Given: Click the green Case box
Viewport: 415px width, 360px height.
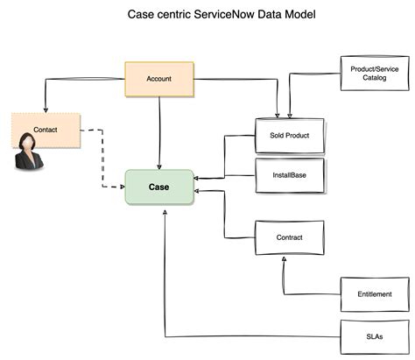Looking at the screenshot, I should point(158,187).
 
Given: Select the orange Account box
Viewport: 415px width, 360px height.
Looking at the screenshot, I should point(158,79).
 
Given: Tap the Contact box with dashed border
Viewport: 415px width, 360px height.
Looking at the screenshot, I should point(46,130).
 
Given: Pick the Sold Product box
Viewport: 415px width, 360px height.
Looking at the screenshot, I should point(290,136).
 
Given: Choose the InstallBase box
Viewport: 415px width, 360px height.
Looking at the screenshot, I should point(289,174).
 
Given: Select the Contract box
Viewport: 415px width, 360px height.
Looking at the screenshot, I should point(289,237).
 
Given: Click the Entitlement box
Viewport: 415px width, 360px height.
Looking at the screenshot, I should point(374,294).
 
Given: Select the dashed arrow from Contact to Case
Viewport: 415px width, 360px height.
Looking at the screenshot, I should point(104,158).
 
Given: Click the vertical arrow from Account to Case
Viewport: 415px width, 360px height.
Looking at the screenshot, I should point(158,131).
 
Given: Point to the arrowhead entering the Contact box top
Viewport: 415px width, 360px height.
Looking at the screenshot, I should point(46,109).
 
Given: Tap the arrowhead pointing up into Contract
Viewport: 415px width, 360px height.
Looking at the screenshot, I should point(283,262).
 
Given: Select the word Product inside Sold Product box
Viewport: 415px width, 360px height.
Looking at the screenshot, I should point(298,136).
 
